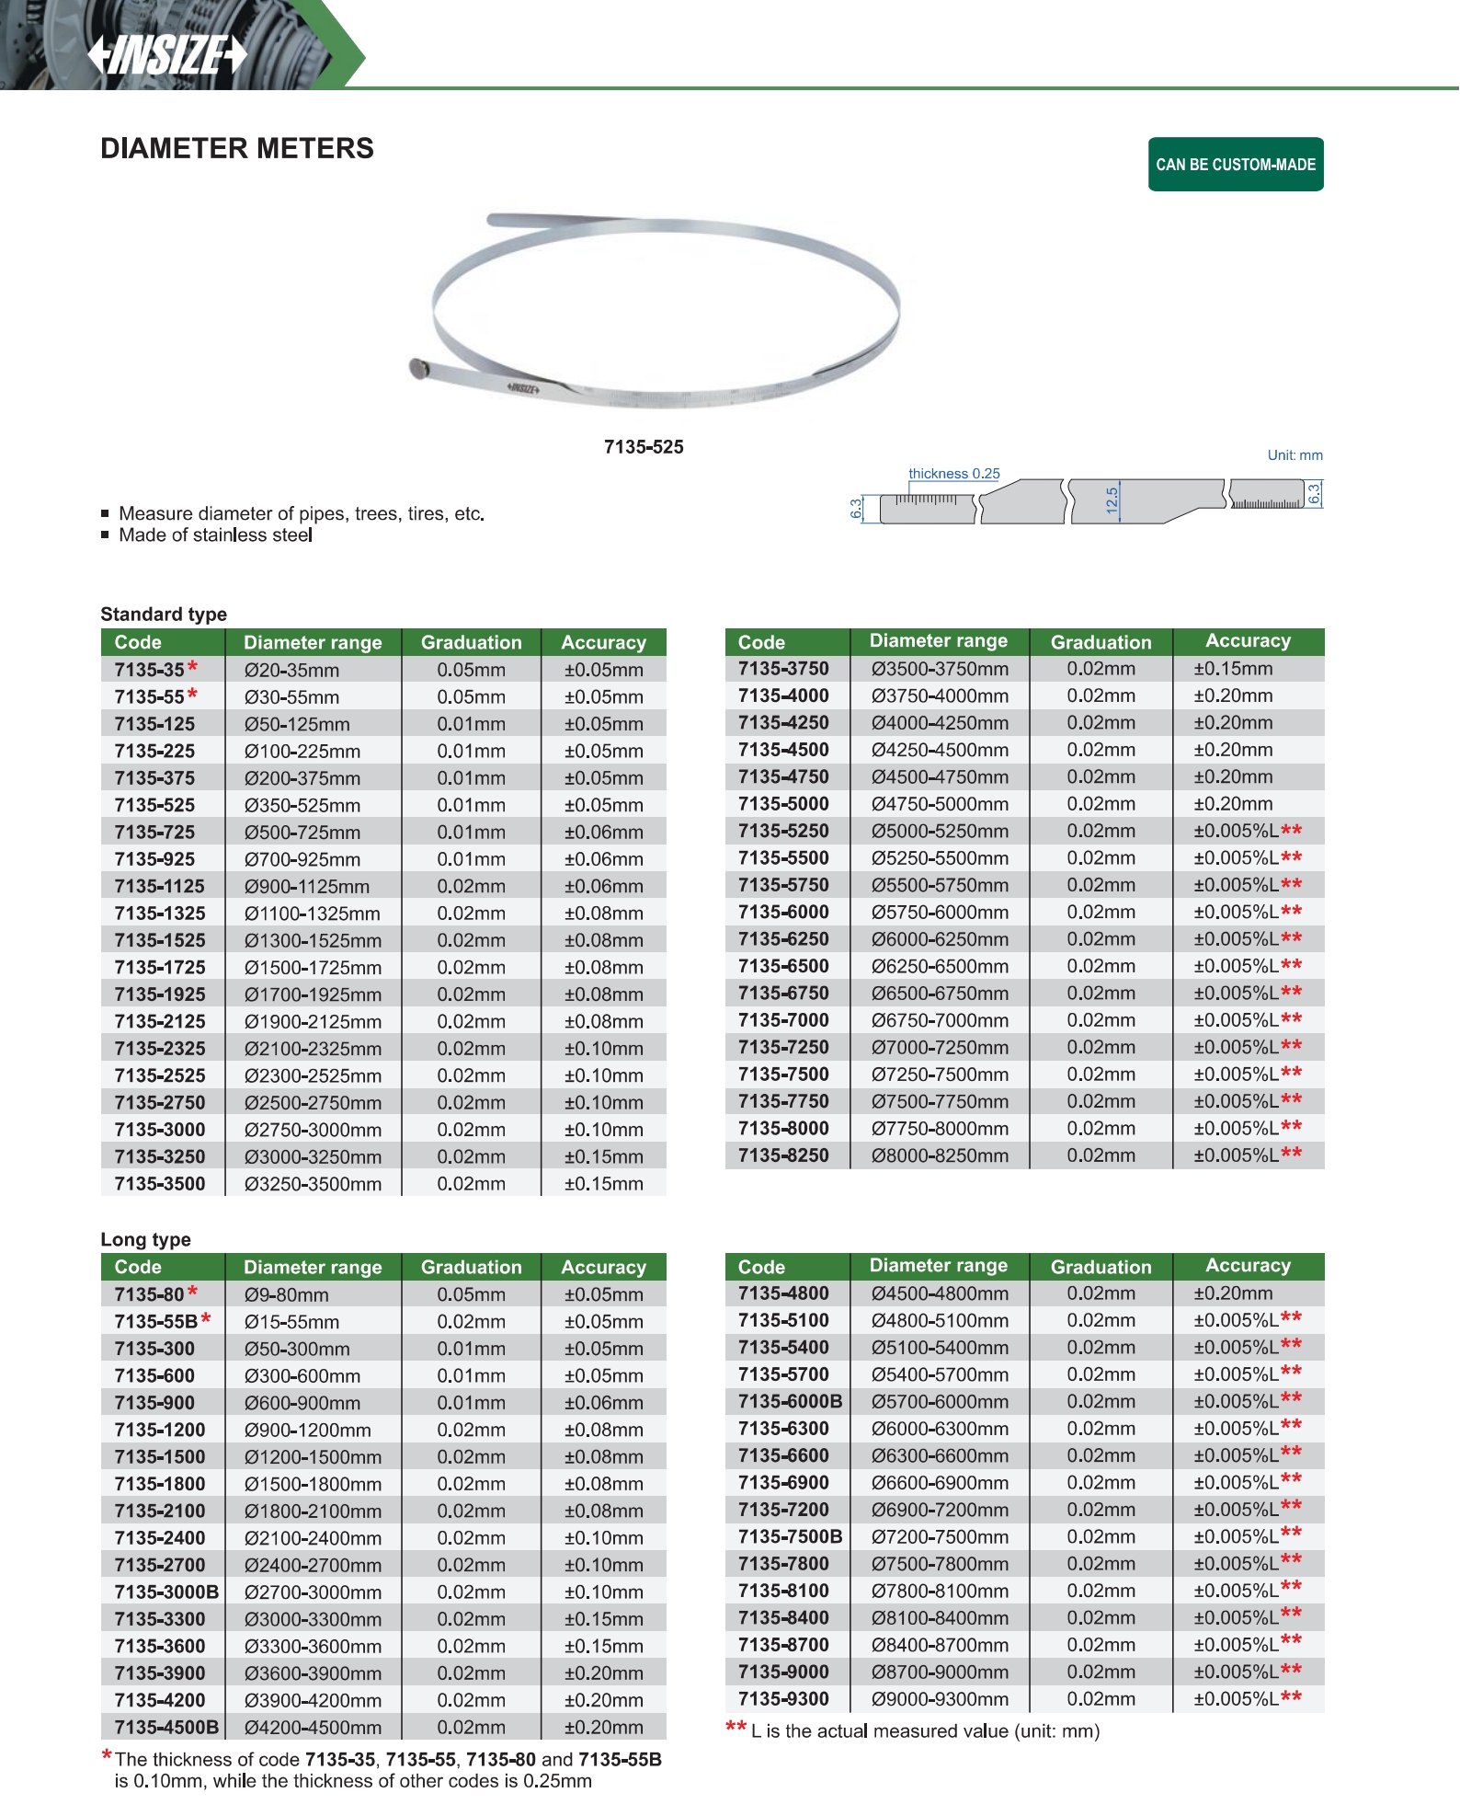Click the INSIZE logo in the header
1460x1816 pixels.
click(168, 55)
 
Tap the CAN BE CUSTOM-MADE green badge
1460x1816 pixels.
click(1235, 165)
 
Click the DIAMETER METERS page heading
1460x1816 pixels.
click(237, 149)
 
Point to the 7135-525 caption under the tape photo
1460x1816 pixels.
click(644, 447)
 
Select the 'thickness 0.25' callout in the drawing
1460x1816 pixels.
click(953, 474)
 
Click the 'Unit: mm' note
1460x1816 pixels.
click(1295, 455)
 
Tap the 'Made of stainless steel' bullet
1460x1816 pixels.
click(215, 535)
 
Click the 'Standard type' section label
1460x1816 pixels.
click(164, 615)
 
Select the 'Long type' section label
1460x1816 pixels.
click(145, 1239)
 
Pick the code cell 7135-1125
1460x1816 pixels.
click(159, 887)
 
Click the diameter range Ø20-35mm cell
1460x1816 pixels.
click(291, 671)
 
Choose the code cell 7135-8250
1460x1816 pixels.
click(783, 1156)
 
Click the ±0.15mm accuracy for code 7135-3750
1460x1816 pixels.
click(1233, 670)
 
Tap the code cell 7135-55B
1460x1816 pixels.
click(155, 1322)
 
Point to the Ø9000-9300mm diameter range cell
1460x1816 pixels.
click(940, 1699)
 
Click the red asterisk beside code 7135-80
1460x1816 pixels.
click(192, 1293)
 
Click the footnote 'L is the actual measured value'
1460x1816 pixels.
click(925, 1731)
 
